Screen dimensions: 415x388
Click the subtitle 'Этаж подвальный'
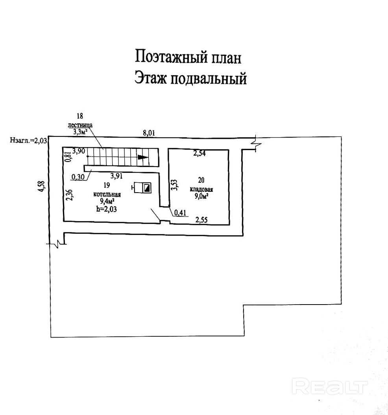(190, 78)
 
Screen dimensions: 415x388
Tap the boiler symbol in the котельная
(142, 189)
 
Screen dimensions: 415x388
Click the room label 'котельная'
(107, 195)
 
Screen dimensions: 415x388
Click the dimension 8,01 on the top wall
(149, 133)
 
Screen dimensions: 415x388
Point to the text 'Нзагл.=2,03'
(30, 140)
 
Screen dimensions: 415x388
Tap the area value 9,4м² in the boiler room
(107, 202)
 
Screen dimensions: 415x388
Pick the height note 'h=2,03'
(107, 209)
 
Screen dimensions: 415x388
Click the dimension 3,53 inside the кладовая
(173, 185)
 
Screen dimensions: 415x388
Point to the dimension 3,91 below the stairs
(118, 176)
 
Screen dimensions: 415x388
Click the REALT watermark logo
(331, 386)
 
